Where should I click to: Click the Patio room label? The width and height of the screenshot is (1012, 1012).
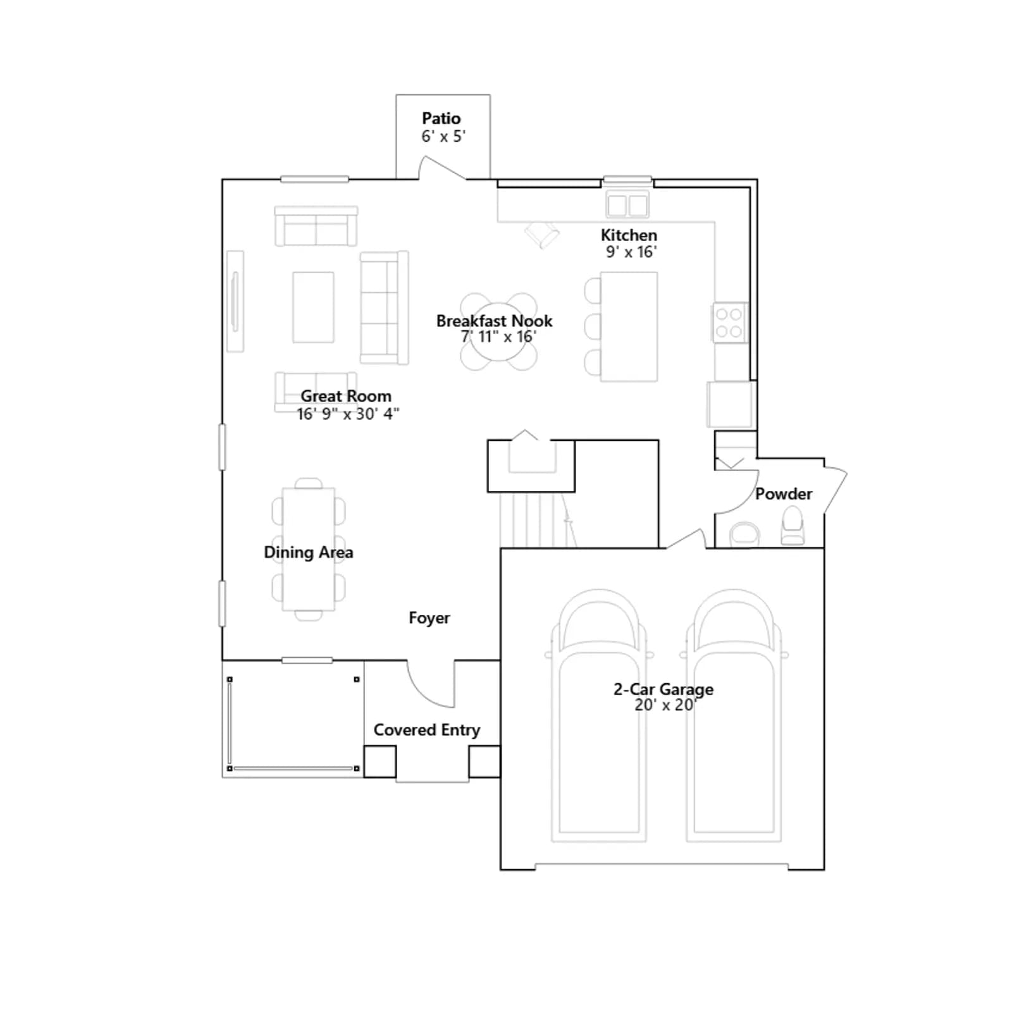pyautogui.click(x=441, y=118)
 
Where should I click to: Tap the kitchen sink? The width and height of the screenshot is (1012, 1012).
pyautogui.click(x=627, y=205)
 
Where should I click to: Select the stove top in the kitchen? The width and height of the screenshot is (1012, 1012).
pyautogui.click(x=729, y=323)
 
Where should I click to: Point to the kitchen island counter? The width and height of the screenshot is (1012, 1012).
pyautogui.click(x=629, y=326)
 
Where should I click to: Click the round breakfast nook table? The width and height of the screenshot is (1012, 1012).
pyautogui.click(x=498, y=331)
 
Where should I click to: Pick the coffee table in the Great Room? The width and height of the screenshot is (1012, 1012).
pyautogui.click(x=313, y=307)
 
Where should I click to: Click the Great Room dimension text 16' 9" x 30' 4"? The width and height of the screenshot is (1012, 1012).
pyautogui.click(x=348, y=414)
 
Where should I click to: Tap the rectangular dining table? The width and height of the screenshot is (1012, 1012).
pyautogui.click(x=309, y=549)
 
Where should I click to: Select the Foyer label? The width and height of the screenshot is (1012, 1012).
pyautogui.click(x=429, y=618)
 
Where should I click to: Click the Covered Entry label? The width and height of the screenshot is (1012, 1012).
pyautogui.click(x=427, y=730)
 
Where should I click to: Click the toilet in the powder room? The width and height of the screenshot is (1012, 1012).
pyautogui.click(x=793, y=526)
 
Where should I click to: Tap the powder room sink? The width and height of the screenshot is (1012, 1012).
pyautogui.click(x=745, y=534)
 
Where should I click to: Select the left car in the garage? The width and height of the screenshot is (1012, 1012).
pyautogui.click(x=599, y=715)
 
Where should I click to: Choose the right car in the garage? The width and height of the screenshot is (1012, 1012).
pyautogui.click(x=734, y=715)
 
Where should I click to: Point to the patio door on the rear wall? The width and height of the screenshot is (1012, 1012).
pyautogui.click(x=443, y=168)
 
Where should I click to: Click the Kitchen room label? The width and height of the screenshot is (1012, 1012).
pyautogui.click(x=629, y=235)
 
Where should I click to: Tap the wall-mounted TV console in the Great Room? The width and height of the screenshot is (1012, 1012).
pyautogui.click(x=235, y=301)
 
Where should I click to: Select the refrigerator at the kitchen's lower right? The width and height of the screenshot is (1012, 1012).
pyautogui.click(x=731, y=405)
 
